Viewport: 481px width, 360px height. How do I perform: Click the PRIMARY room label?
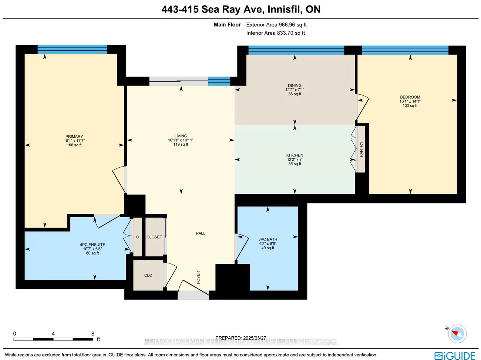pos(74,137)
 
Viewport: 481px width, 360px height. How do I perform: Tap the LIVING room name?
pos(181,136)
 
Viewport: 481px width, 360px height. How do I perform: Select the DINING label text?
pos(295,85)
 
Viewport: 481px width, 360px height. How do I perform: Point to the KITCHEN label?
pos(295,155)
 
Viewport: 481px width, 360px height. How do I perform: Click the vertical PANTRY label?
pos(361,149)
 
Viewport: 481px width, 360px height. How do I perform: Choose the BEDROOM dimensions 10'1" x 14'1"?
pos(410,101)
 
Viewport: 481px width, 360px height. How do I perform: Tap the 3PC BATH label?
pos(268,239)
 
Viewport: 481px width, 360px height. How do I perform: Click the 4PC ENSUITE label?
pos(92,245)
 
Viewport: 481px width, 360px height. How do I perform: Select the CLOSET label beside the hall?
pos(154,237)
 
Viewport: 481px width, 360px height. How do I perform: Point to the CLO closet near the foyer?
pos(148,275)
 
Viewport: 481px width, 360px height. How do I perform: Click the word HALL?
pos(200,233)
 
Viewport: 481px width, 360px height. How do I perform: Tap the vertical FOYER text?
pos(198,277)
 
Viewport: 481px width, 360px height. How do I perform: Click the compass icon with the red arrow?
pos(457,333)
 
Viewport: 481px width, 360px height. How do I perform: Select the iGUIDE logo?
pos(455,356)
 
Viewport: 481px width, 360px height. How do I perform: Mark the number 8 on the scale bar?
pos(93,333)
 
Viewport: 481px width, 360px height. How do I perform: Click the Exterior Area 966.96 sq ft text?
pos(276,25)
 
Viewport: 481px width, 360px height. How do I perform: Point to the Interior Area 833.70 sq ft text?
pos(276,33)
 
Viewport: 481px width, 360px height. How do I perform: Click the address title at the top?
pos(241,9)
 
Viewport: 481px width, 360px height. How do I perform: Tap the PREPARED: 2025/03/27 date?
pos(240,338)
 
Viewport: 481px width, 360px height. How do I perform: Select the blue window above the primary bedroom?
pos(72,49)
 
